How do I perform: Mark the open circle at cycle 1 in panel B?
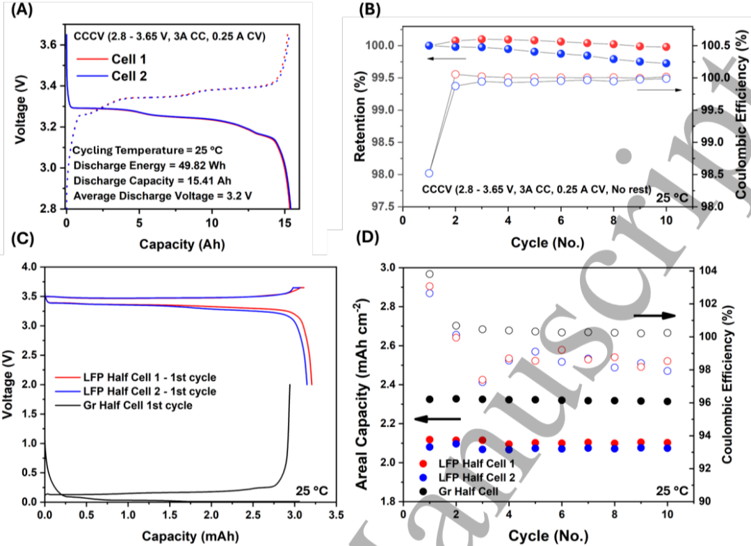pyautogui.click(x=429, y=173)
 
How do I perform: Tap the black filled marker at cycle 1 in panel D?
pyautogui.click(x=429, y=399)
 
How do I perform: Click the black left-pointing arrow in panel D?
pyautogui.click(x=437, y=419)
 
